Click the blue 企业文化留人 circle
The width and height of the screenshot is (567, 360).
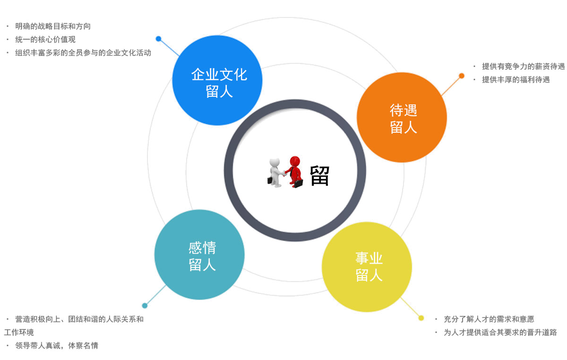[x=217, y=80]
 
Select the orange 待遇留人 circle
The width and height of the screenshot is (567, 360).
[x=402, y=117]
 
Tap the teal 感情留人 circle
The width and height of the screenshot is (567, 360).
[x=199, y=255]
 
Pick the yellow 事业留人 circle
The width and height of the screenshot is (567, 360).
[x=367, y=267]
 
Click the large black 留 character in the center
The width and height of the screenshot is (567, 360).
[x=319, y=176]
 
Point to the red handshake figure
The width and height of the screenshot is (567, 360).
[x=294, y=171]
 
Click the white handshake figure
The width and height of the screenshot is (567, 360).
[x=275, y=172]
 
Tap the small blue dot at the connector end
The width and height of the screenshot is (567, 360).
[x=158, y=39]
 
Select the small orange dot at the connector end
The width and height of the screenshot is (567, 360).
[x=462, y=76]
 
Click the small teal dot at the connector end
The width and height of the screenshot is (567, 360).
[x=145, y=306]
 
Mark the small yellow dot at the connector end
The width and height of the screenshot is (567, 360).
[x=421, y=318]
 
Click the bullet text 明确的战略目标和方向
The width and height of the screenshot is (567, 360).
[x=53, y=26]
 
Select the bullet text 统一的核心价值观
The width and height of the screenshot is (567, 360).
[x=45, y=40]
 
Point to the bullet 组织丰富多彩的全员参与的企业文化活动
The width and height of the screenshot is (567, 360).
[x=83, y=52]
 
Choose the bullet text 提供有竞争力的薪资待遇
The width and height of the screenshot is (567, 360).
[x=523, y=66]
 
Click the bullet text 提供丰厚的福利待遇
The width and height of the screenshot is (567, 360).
[x=516, y=79]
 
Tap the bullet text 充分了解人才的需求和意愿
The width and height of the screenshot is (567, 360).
[x=489, y=319]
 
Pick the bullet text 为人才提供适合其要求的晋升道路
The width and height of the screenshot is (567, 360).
[x=500, y=332]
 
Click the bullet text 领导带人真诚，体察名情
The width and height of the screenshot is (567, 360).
[x=57, y=345]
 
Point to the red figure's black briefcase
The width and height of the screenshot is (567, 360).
[x=299, y=184]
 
